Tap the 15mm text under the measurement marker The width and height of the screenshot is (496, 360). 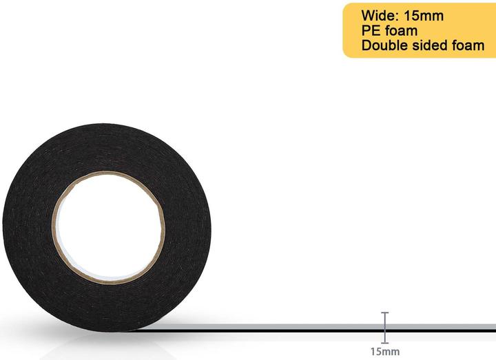pos(384,352)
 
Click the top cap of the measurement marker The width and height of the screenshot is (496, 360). pos(385,313)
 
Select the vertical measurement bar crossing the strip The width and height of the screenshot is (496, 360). pos(385,327)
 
